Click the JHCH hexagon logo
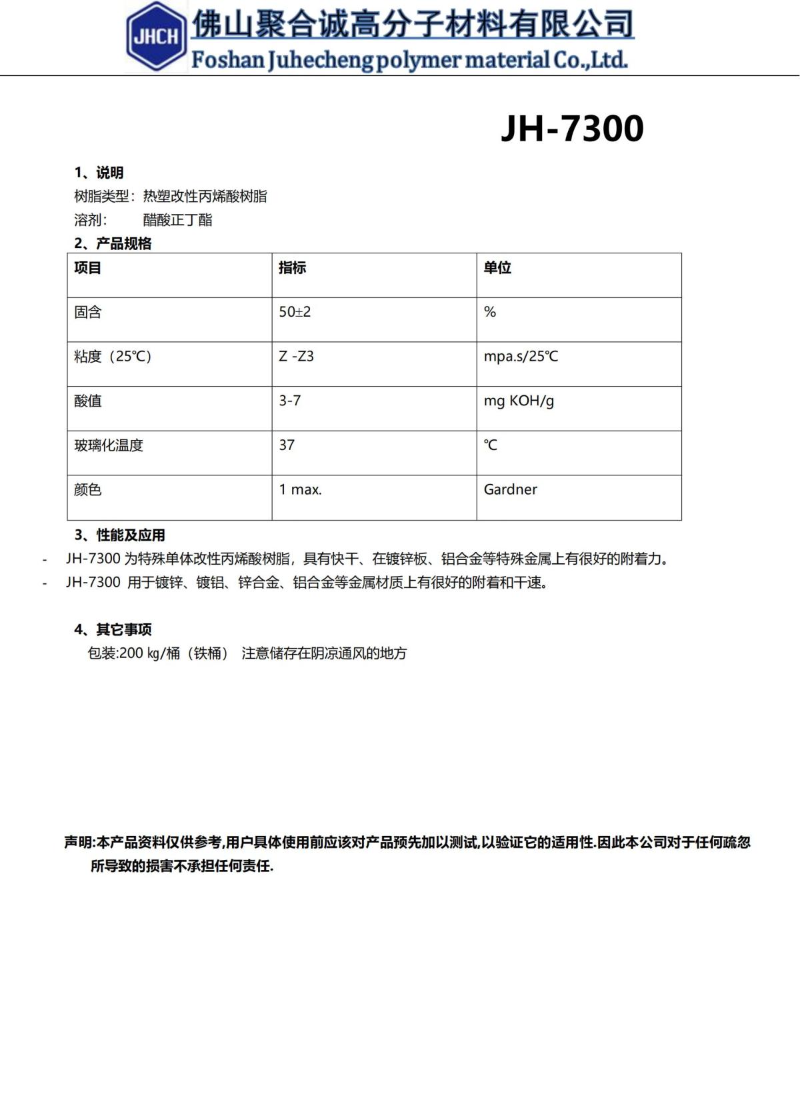point(156,37)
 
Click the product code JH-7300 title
point(572,129)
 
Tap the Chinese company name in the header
point(413,25)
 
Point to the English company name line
point(409,60)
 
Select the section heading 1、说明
point(99,173)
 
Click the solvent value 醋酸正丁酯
point(177,220)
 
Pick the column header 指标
point(292,268)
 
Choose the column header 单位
point(497,268)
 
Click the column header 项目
point(87,268)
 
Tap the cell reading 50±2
point(295,312)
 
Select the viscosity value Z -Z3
point(296,357)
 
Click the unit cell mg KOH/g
point(519,401)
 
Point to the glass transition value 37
point(287,445)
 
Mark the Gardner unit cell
point(510,489)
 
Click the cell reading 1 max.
point(300,489)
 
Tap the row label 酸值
point(87,401)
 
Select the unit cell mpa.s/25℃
point(521,357)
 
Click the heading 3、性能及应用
point(119,535)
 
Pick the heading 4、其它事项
point(113,629)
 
